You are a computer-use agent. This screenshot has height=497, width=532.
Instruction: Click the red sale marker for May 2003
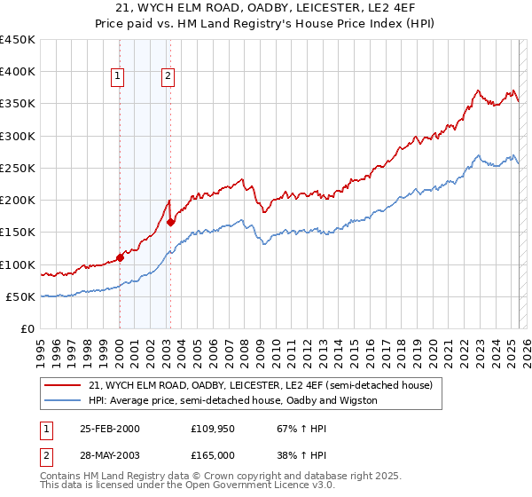[170, 223]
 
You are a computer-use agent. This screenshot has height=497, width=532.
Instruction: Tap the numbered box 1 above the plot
[117, 77]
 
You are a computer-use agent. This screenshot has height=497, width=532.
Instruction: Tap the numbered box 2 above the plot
[168, 77]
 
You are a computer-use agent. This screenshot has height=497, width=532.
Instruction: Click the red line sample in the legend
[63, 385]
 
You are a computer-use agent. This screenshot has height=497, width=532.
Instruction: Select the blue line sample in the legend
[63, 400]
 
